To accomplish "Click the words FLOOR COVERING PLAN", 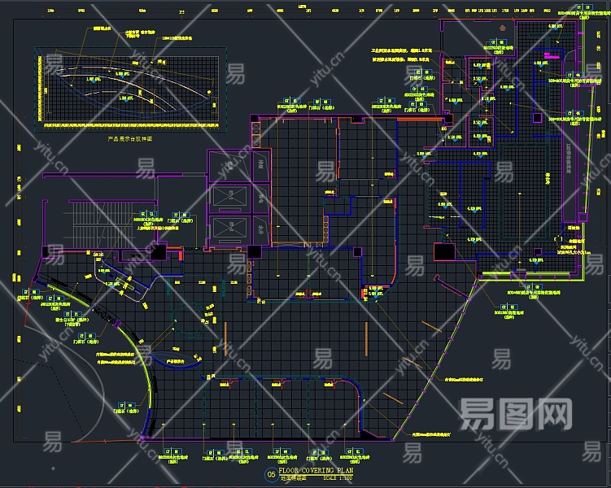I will (316, 470).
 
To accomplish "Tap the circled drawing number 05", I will (270, 474).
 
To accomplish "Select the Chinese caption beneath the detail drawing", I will (130, 138).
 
